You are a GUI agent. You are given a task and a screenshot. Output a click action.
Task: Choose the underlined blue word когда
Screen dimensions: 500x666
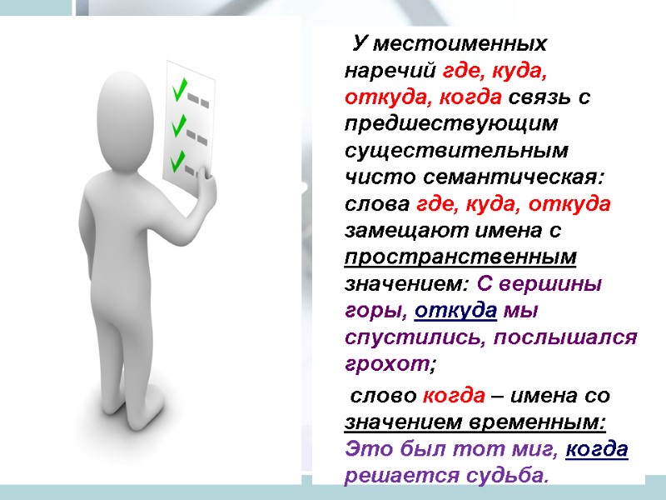(597, 449)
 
